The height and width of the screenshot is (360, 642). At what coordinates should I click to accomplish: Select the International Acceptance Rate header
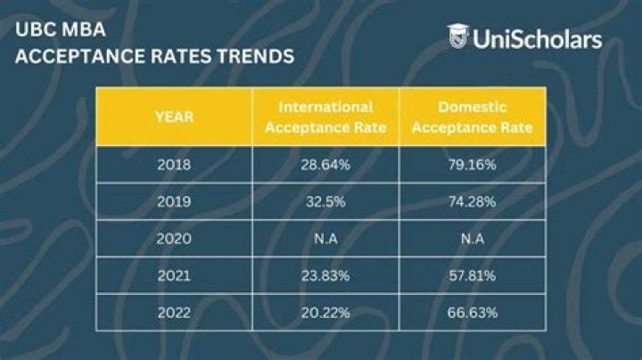pos(325,117)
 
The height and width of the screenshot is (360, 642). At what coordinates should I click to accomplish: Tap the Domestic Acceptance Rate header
pos(473,117)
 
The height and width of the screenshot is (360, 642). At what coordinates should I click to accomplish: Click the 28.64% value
pos(325,165)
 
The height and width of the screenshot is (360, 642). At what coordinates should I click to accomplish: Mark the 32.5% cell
pos(325,202)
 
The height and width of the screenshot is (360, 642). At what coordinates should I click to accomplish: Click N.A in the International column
pos(325,240)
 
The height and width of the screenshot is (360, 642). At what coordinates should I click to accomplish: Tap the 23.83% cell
pos(325,276)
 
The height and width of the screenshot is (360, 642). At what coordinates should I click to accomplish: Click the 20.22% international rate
pos(325,312)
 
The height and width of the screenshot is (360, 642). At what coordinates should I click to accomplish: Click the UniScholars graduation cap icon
pos(457,37)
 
